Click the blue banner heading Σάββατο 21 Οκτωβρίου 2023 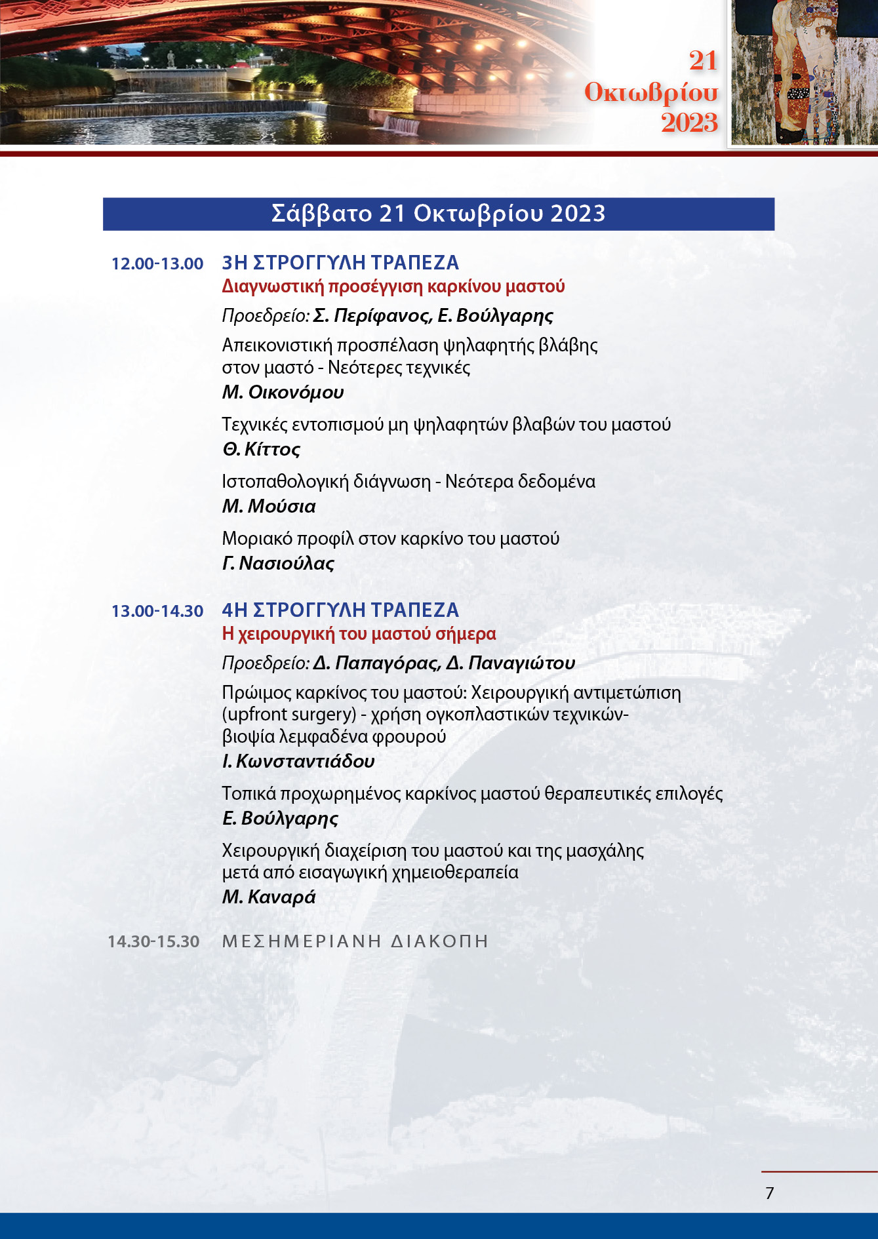tap(438, 214)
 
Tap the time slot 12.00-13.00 tap(157, 264)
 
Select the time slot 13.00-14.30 tap(157, 611)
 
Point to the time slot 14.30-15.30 tap(153, 941)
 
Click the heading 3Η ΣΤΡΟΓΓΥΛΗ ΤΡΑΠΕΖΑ tap(340, 262)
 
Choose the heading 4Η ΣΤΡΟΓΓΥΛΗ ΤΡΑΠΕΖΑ tap(340, 610)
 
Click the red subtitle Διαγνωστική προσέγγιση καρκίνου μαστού tap(393, 286)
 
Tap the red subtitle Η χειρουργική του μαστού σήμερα tap(359, 634)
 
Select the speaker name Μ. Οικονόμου tap(283, 392)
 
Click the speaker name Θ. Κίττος tap(261, 449)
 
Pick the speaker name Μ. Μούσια tap(269, 506)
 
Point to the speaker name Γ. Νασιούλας tap(278, 563)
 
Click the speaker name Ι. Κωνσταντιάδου tap(298, 761)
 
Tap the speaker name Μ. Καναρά tap(269, 897)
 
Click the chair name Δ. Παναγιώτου tap(510, 663)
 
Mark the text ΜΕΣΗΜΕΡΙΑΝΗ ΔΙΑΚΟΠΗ tap(355, 941)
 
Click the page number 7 tap(770, 1193)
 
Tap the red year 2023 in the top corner tap(689, 123)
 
